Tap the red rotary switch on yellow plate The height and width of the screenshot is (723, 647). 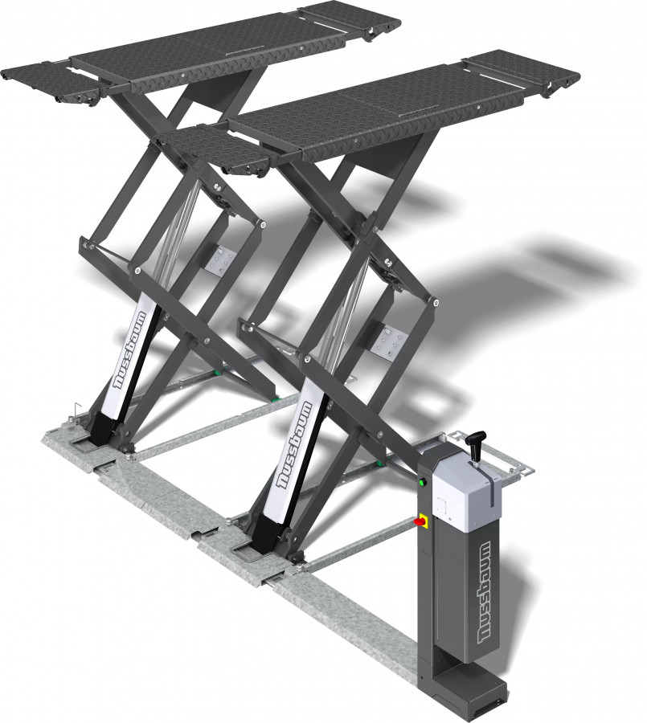pos(420,522)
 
